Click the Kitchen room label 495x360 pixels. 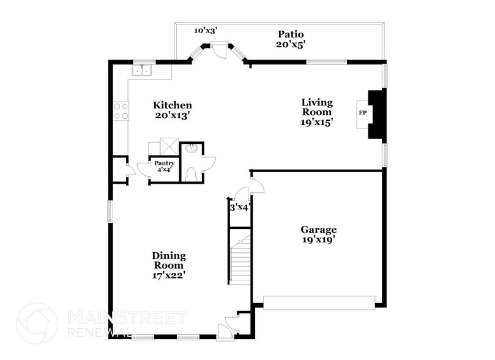173,105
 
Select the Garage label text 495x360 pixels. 318,230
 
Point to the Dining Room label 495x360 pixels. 169,260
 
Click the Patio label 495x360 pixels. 291,34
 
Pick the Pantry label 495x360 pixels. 164,163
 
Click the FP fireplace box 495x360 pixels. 362,113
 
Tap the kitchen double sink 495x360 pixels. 143,71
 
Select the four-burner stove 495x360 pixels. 121,111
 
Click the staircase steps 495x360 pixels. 239,257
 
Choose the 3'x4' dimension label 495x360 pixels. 239,208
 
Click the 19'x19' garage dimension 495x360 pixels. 318,239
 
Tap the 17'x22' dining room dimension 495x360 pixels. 169,275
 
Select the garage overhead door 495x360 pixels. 319,302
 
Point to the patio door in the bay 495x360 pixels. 218,47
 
